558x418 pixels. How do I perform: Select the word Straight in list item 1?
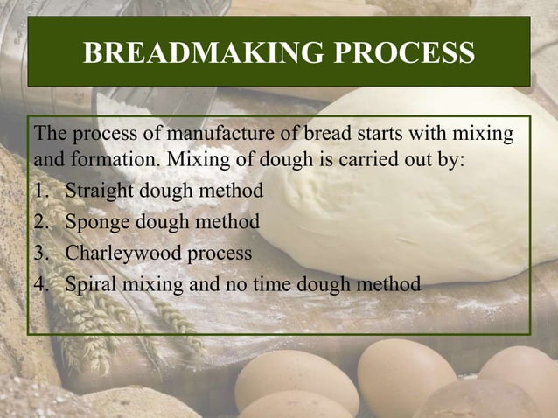98,191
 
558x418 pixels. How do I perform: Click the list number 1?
41,191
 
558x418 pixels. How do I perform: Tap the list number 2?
41,222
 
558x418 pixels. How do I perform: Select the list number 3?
41,253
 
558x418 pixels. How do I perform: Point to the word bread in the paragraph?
326,136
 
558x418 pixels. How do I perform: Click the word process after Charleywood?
221,253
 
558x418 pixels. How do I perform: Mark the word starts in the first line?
378,136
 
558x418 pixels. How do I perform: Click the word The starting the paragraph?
49,136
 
